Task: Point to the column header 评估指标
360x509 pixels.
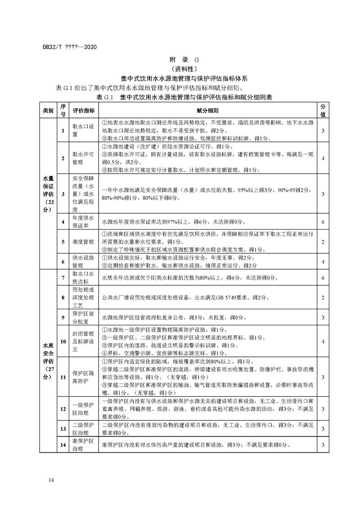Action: (x=83, y=110)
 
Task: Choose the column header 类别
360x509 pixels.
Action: (x=48, y=110)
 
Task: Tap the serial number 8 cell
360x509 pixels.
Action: (x=63, y=298)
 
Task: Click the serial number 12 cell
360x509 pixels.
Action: (x=63, y=409)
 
